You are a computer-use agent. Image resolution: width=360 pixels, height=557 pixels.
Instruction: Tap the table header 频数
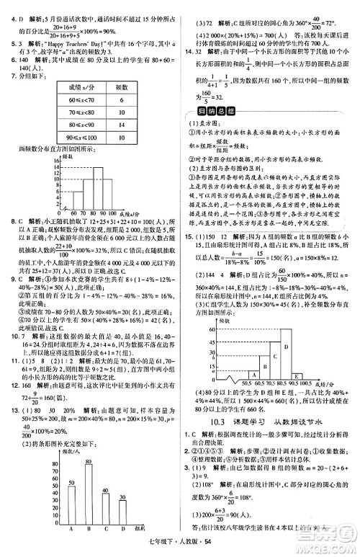coord(122,87)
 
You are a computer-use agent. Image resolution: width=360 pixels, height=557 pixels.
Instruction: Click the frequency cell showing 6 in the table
coord(122,100)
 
